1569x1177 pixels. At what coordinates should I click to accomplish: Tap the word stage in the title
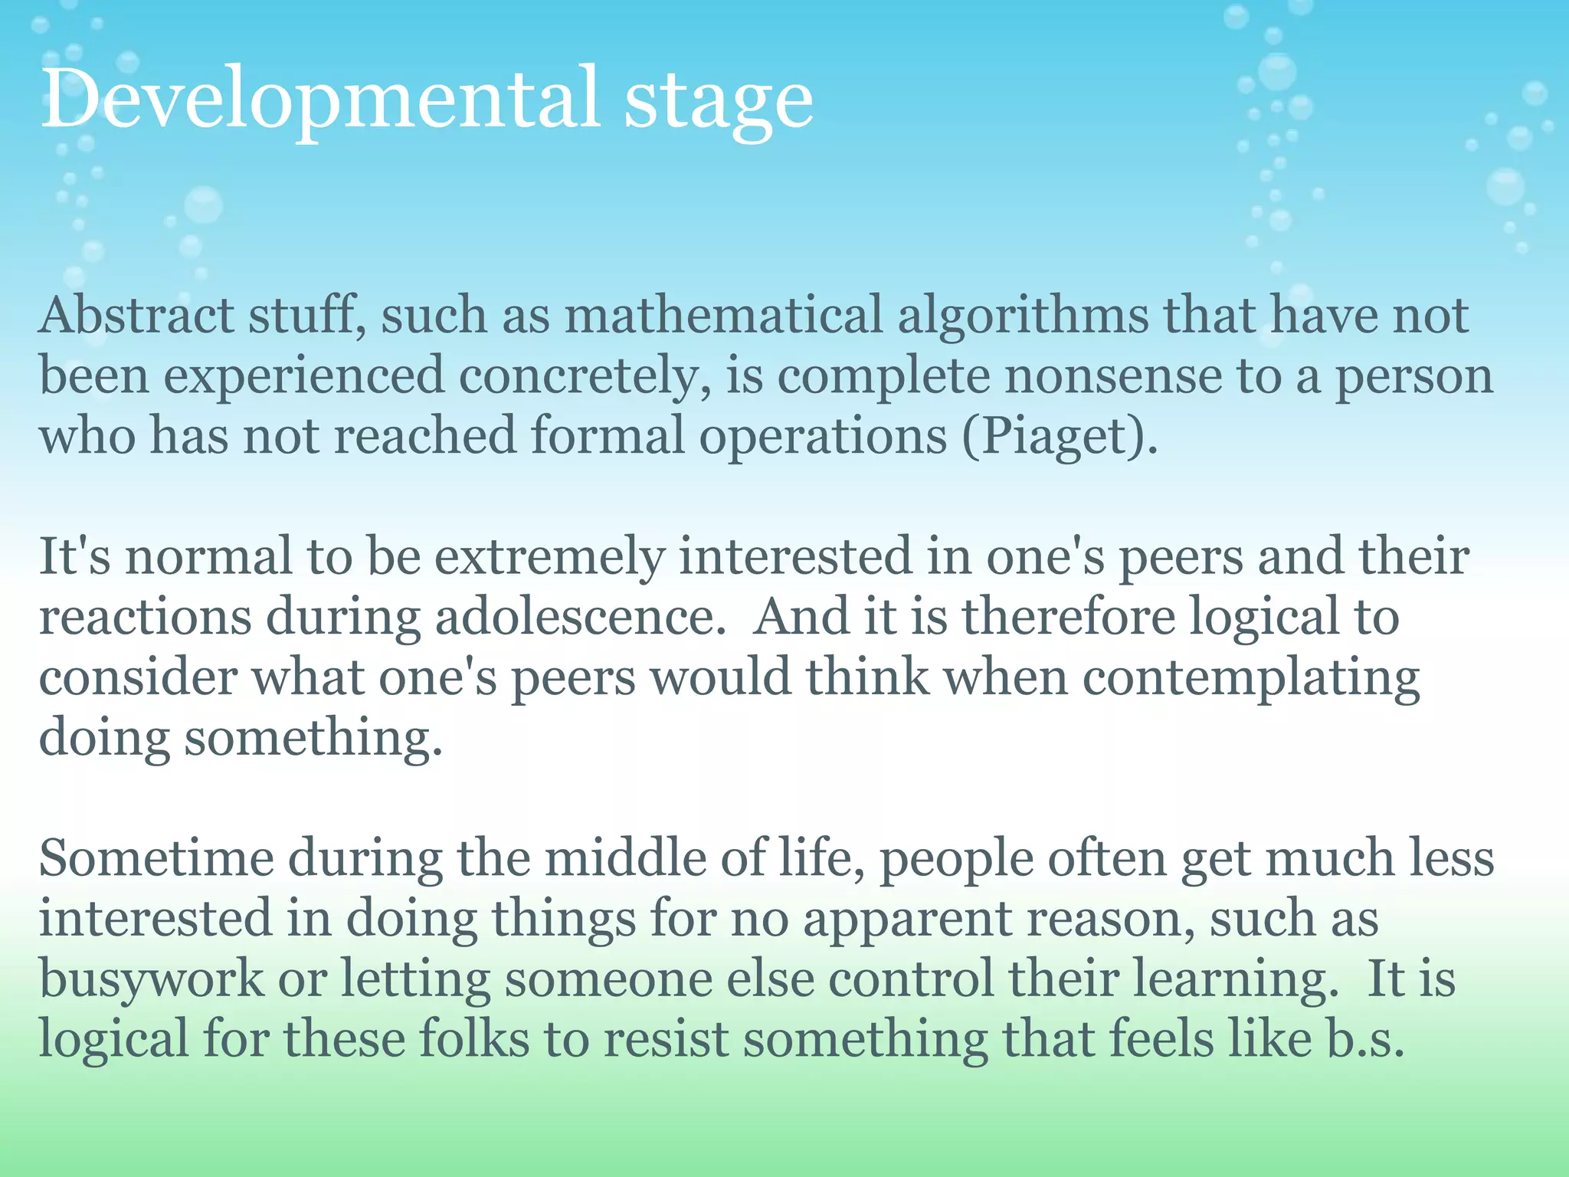pyautogui.click(x=718, y=103)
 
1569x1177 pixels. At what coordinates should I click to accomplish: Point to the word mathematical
pyautogui.click(x=724, y=316)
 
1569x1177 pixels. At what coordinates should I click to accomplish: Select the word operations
pyautogui.click(x=823, y=438)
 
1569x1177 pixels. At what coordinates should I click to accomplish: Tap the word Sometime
pyautogui.click(x=156, y=858)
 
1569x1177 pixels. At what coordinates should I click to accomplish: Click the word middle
pyautogui.click(x=624, y=858)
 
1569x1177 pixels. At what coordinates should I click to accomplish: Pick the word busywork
pyautogui.click(x=151, y=981)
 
